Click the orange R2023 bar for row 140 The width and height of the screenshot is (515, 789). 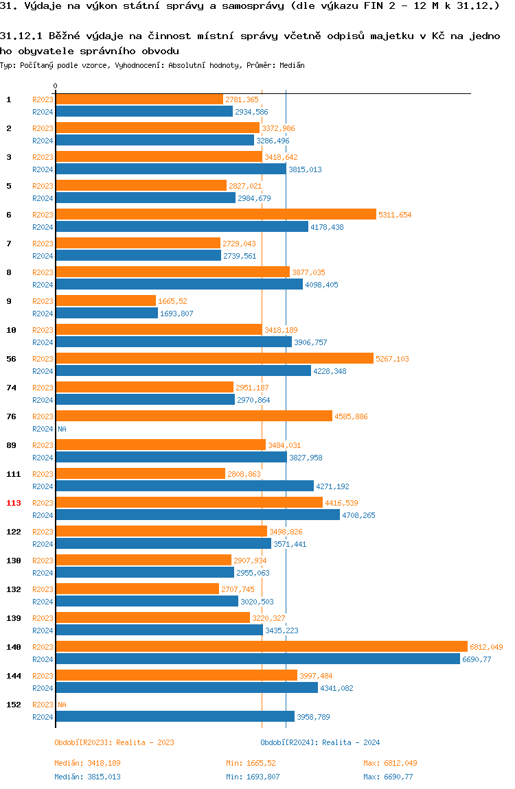click(x=261, y=646)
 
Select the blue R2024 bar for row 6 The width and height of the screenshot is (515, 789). click(x=182, y=226)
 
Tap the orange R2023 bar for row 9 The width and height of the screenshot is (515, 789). click(x=106, y=301)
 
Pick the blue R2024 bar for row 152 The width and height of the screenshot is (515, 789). click(x=175, y=716)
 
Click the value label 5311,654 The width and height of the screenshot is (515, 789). click(x=395, y=215)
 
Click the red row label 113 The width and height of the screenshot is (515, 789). click(x=14, y=503)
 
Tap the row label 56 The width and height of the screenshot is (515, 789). click(x=11, y=359)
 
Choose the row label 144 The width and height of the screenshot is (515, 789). click(x=14, y=676)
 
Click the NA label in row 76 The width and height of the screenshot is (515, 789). click(x=62, y=429)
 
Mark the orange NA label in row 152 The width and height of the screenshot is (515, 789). click(x=62, y=705)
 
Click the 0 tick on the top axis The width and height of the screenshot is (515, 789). click(x=56, y=86)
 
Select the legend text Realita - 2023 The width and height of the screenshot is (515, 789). click(x=145, y=742)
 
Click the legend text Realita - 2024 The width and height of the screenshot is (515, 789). click(x=351, y=742)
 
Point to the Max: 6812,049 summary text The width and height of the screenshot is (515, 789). click(x=390, y=763)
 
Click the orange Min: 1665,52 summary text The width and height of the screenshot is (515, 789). click(x=251, y=763)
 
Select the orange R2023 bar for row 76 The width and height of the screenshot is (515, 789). click(x=194, y=416)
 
